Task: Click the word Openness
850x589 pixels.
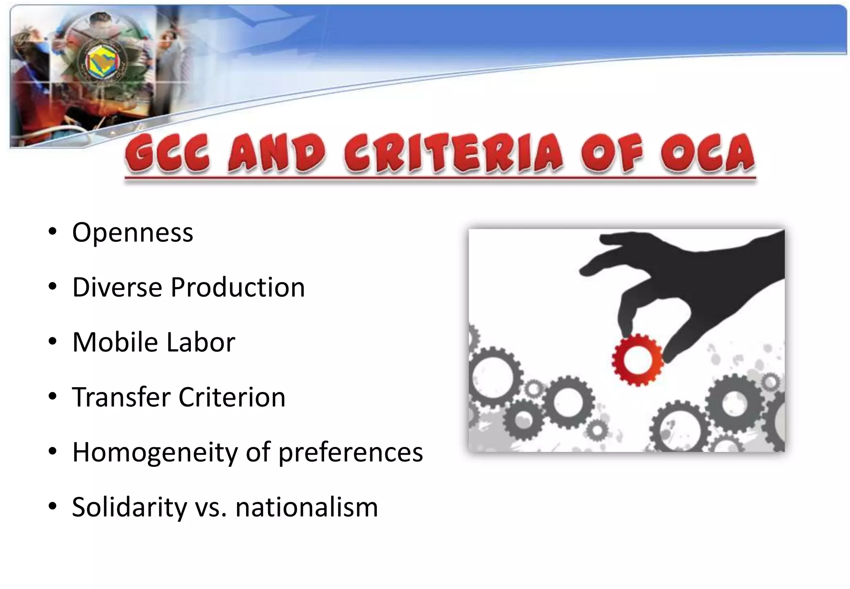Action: (x=132, y=233)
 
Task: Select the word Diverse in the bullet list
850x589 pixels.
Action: (x=117, y=287)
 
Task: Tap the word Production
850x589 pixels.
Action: (x=238, y=287)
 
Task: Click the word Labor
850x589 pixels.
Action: (x=201, y=342)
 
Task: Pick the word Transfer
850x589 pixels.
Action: (x=121, y=397)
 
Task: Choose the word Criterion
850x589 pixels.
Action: (x=232, y=397)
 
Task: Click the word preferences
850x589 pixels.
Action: (x=350, y=452)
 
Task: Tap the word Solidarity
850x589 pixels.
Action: (x=129, y=507)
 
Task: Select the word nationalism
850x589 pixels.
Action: (x=307, y=507)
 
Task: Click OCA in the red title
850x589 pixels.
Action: (x=707, y=154)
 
